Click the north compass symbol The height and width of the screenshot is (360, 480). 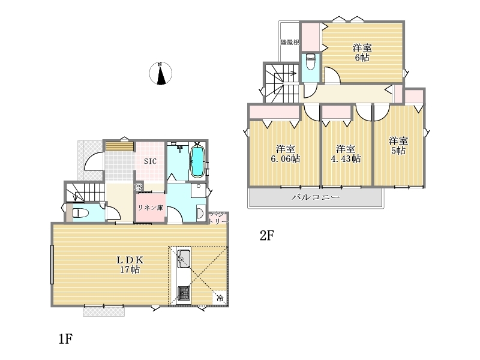[160, 73]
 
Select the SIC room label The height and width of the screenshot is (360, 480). [151, 161]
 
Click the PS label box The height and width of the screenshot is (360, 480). [139, 187]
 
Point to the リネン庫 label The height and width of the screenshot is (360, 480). [151, 208]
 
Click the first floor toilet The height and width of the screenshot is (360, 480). [80, 213]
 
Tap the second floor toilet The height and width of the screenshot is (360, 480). [310, 62]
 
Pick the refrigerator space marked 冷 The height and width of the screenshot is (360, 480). [220, 298]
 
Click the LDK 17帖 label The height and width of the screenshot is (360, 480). [130, 265]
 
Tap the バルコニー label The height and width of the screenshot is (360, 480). [316, 197]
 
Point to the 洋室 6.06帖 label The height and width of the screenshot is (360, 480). [286, 154]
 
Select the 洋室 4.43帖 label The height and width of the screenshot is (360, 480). [346, 154]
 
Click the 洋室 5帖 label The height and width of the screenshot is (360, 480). [398, 146]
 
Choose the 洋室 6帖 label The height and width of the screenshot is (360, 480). [362, 53]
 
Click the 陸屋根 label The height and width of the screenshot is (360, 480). [290, 42]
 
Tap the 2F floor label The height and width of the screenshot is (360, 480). [266, 236]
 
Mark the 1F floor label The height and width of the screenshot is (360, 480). [65, 339]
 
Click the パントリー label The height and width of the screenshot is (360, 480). [218, 218]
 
